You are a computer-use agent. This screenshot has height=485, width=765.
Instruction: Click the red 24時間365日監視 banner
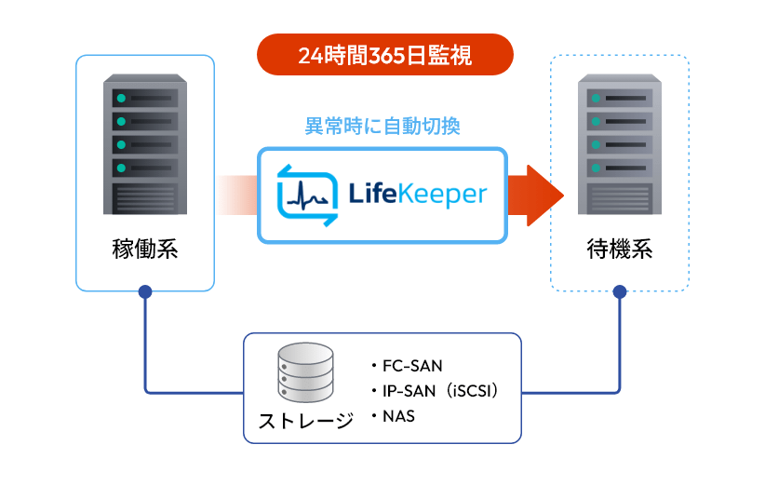pos(384,55)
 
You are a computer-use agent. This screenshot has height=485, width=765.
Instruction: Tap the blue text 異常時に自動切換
pos(382,126)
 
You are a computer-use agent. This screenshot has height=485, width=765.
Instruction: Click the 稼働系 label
pos(144,249)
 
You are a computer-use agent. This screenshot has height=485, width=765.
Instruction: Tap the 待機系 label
pos(619,249)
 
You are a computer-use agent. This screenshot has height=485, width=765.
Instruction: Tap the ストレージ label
pos(305,420)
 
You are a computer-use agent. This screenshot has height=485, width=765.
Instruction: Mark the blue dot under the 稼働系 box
pos(144,291)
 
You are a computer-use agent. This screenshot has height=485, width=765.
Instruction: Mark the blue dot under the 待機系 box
pos(620,291)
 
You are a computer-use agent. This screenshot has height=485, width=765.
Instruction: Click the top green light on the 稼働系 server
pos(120,97)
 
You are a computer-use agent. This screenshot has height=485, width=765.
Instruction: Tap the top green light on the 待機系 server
pos(596,97)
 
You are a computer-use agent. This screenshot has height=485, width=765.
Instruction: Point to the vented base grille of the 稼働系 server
pos(144,200)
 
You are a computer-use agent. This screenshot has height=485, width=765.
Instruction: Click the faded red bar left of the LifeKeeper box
pos(236,195)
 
